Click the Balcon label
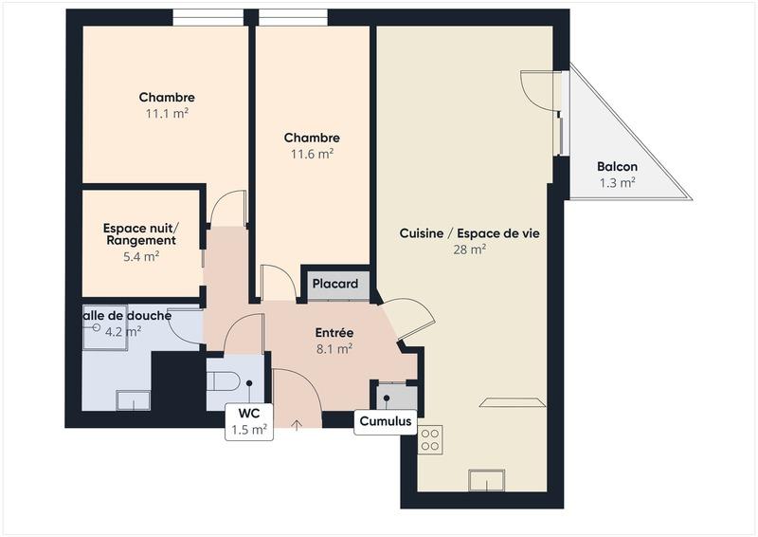click(616, 167)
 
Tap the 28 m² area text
click(469, 250)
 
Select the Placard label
click(335, 284)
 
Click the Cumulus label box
click(385, 421)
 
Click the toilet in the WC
click(225, 381)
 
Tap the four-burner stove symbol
click(429, 438)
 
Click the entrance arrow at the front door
click(298, 423)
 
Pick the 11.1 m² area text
click(167, 113)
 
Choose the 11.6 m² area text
click(312, 153)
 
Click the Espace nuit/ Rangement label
click(141, 234)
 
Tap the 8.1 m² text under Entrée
click(334, 348)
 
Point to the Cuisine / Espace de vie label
click(469, 233)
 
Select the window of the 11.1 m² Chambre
click(208, 17)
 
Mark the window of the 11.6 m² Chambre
click(293, 17)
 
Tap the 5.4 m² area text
click(141, 256)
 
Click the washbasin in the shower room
click(133, 400)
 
